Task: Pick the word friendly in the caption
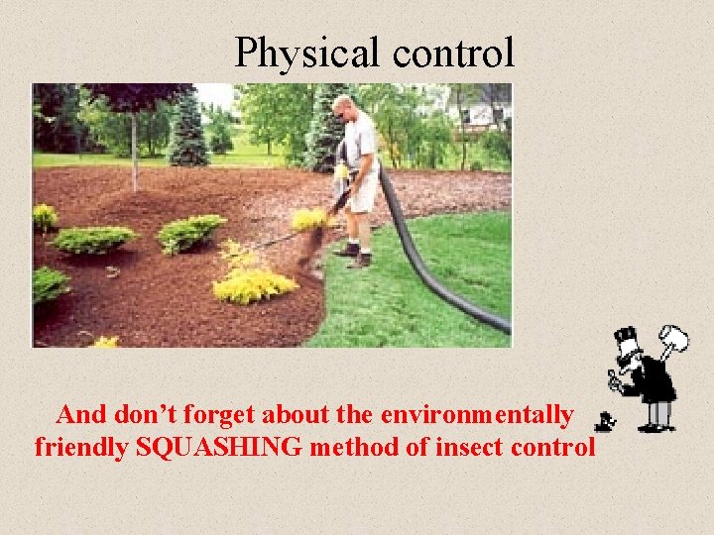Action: click(81, 447)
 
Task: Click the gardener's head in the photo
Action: click(343, 106)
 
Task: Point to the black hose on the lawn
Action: click(436, 277)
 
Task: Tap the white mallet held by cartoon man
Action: click(674, 340)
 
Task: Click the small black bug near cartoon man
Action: click(601, 422)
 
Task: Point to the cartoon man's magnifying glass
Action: click(615, 376)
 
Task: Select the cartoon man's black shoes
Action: click(654, 427)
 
